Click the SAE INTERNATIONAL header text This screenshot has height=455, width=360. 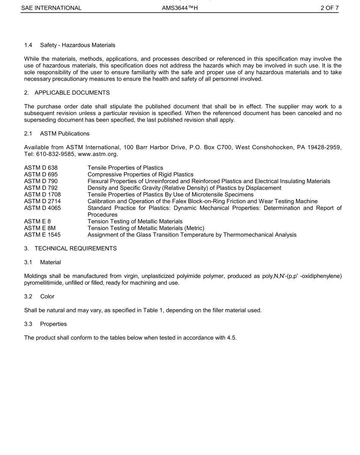[51, 8]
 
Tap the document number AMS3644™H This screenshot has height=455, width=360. [180, 8]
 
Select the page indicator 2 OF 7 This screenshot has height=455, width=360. [329, 8]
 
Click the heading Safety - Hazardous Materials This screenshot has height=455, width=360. [78, 45]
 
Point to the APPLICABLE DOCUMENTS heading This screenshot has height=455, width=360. [72, 92]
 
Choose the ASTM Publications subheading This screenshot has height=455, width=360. [65, 134]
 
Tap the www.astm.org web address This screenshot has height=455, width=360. [98, 154]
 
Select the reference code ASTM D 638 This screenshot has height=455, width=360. [41, 168]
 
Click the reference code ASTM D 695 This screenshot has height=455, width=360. [41, 175]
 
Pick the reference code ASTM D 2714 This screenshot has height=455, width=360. [42, 201]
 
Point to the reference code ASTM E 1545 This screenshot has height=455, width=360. [42, 235]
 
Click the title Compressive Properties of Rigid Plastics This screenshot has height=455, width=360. [140, 175]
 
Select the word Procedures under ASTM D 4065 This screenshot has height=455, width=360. [102, 215]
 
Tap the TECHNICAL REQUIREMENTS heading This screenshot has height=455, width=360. [75, 248]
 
